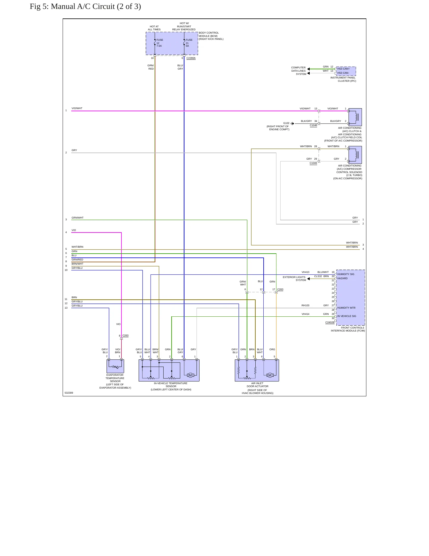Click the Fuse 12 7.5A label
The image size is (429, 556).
pyautogui.click(x=160, y=43)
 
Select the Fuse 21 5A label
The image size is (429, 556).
pyautogui.click(x=189, y=43)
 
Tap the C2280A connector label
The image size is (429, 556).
pyautogui.click(x=191, y=58)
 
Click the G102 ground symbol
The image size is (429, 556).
pyautogui.click(x=292, y=123)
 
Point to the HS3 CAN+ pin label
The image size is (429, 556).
pyautogui.click(x=343, y=69)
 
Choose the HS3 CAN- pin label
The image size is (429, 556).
pyautogui.click(x=343, y=73)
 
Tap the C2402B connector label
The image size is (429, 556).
pyautogui.click(x=330, y=322)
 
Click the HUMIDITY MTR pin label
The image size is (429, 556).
pyautogui.click(x=346, y=308)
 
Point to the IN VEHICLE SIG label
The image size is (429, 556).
pyautogui.click(x=346, y=316)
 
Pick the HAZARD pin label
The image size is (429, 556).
pyautogui.click(x=342, y=278)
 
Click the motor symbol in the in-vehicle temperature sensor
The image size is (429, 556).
pyautogui.click(x=191, y=375)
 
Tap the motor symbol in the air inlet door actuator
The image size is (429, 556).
pyautogui.click(x=270, y=375)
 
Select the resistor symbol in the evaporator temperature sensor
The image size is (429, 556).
pyautogui.click(x=115, y=367)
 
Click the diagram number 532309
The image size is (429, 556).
pyautogui.click(x=69, y=393)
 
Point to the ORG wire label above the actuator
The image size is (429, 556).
pyautogui.click(x=272, y=349)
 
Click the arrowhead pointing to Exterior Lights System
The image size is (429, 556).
pyautogui.click(x=309, y=279)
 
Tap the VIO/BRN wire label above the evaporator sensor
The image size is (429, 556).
pyautogui.click(x=118, y=351)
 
